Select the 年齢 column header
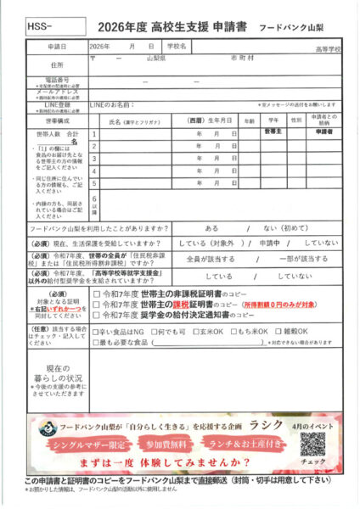click(x=249, y=121)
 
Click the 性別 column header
click(x=295, y=121)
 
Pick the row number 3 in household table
click(x=94, y=158)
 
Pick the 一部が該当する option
click(x=303, y=259)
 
